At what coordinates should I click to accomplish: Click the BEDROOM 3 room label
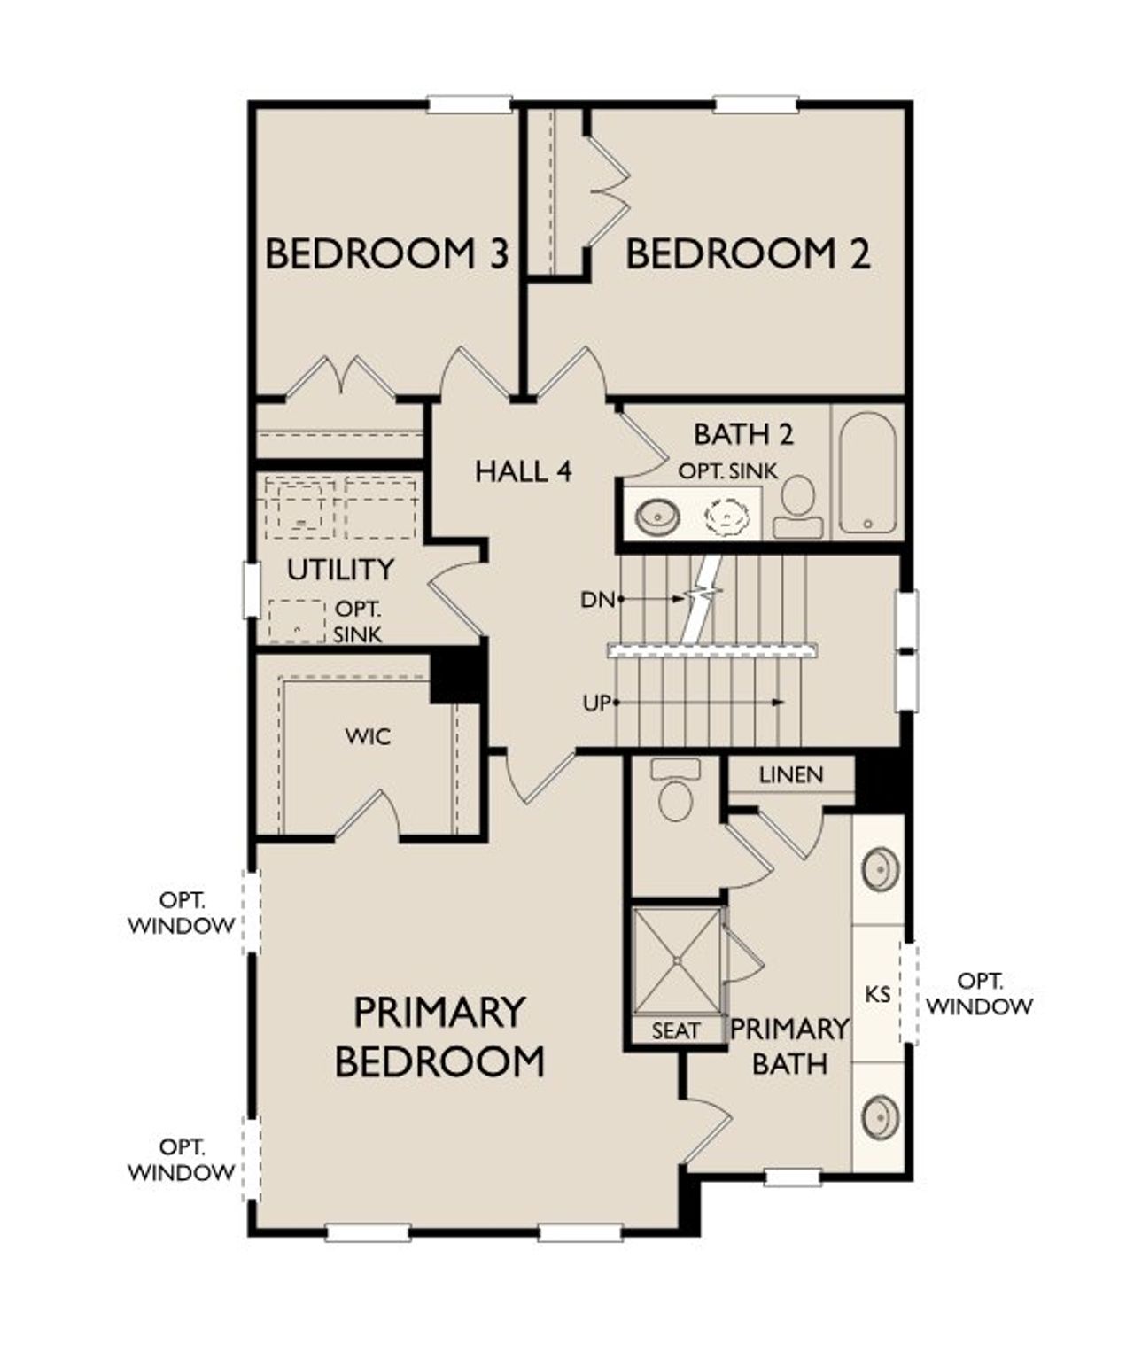pos(387,254)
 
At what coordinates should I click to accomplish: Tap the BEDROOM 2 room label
pos(749,254)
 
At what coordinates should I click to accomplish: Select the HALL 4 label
pos(524,471)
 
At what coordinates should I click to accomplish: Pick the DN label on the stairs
pos(598,600)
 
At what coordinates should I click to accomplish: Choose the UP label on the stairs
pos(598,703)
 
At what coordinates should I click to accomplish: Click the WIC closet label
pos(369,736)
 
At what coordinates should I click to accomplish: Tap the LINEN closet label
pos(791,775)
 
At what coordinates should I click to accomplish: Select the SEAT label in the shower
pos(676,1030)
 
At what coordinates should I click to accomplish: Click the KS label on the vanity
pos(877,994)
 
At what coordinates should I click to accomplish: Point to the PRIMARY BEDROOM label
pos(439,1037)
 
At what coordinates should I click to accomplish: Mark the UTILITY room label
pos(340,570)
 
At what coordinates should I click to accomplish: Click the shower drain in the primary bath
pos(677,960)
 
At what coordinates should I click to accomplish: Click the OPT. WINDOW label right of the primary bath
pos(981,994)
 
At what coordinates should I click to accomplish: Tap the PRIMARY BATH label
pos(789,1045)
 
